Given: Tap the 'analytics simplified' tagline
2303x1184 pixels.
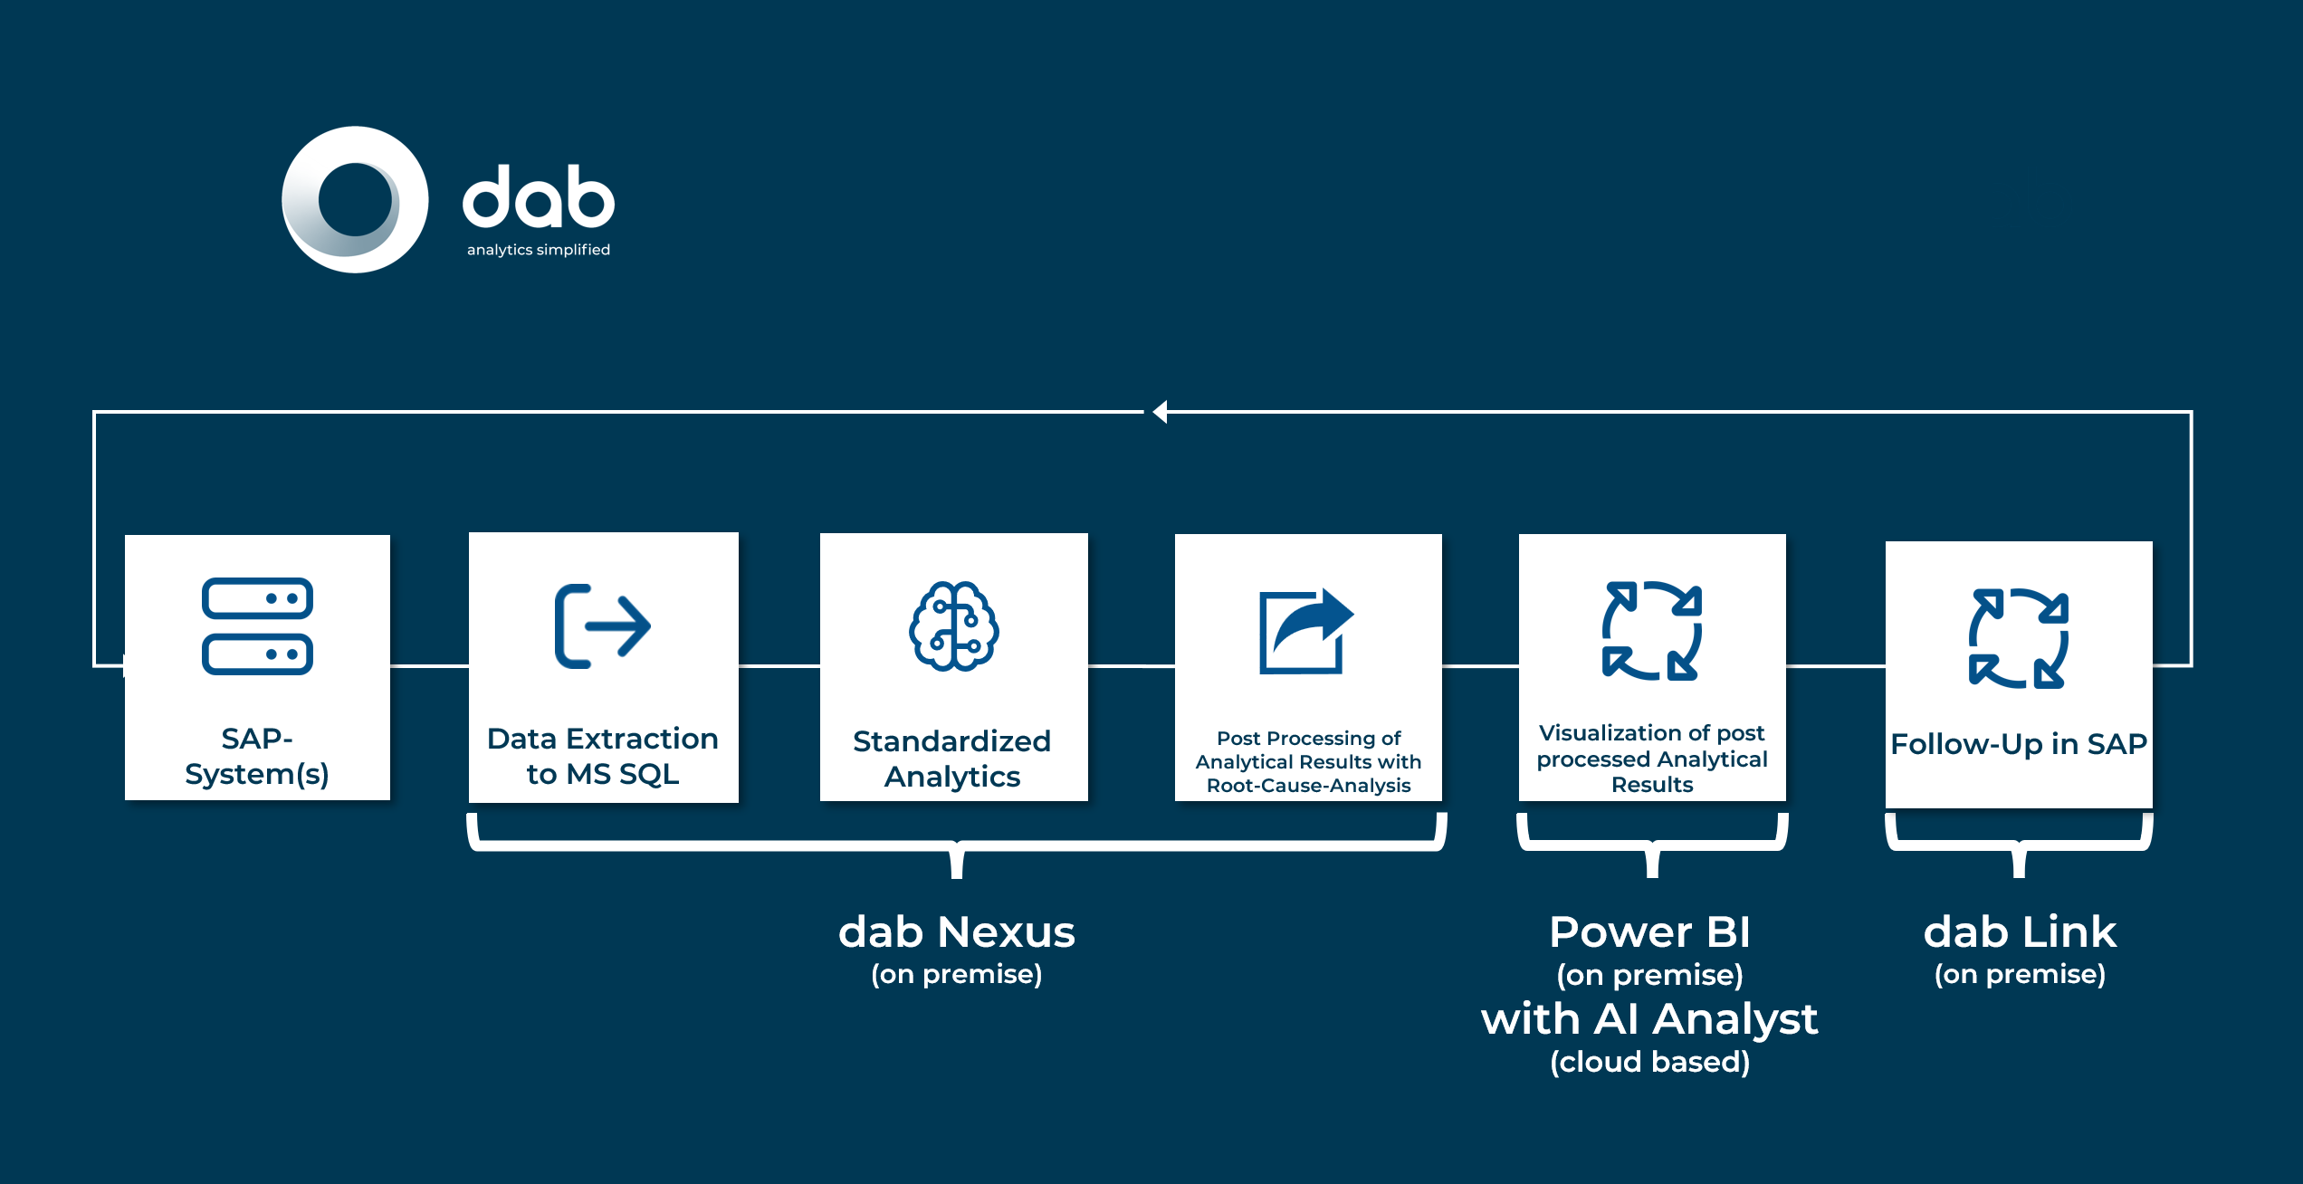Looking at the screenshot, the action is (x=539, y=250).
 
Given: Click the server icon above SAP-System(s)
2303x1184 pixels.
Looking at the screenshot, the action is (x=258, y=626).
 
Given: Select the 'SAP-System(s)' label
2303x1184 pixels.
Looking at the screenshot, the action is (x=257, y=756).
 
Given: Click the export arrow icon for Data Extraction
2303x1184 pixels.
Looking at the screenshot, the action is (x=603, y=626).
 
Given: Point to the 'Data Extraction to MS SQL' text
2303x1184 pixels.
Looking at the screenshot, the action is (x=603, y=756).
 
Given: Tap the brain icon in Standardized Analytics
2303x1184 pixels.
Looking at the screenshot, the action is (x=954, y=626).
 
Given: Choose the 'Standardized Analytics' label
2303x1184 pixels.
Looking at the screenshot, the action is (x=952, y=759).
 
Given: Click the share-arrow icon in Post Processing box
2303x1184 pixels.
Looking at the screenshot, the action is (x=1306, y=631).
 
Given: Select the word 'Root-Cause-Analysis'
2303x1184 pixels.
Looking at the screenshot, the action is (x=1309, y=786).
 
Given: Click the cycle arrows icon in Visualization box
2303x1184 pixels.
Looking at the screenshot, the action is (x=1652, y=630).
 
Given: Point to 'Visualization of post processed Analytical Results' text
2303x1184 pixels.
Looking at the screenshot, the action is (x=1652, y=759).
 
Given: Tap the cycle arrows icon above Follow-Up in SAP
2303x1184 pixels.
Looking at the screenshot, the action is (x=2019, y=638).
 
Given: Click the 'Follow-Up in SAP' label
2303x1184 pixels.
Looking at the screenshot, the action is (x=2019, y=744).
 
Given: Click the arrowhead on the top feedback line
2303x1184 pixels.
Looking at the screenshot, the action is (x=1160, y=412).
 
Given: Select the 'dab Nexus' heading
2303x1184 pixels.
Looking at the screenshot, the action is (x=957, y=932).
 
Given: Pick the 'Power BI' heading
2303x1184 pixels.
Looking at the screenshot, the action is (x=1650, y=932).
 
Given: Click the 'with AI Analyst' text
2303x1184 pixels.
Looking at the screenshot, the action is (x=1649, y=1020).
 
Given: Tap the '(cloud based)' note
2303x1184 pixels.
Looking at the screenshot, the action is (x=1650, y=1062).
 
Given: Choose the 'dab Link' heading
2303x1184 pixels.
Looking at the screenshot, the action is (x=2020, y=932).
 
